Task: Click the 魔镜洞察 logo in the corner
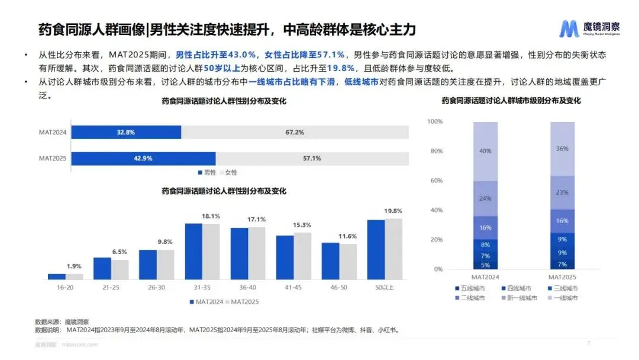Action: [588, 28]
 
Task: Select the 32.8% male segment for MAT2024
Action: [126, 132]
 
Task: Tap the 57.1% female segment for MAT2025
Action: [312, 158]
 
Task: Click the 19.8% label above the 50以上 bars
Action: [393, 211]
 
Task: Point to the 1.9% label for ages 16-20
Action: [74, 266]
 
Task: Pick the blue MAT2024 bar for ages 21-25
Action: [102, 268]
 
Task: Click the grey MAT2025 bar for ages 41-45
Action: [302, 256]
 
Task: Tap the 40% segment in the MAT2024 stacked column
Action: [485, 151]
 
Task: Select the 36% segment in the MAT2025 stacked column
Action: [562, 149]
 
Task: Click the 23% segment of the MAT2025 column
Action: [562, 192]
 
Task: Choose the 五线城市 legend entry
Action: [470, 288]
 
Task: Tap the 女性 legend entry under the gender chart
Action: [228, 172]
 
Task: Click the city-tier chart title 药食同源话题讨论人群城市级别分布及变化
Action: [511, 101]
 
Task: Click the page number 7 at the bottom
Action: [588, 343]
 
